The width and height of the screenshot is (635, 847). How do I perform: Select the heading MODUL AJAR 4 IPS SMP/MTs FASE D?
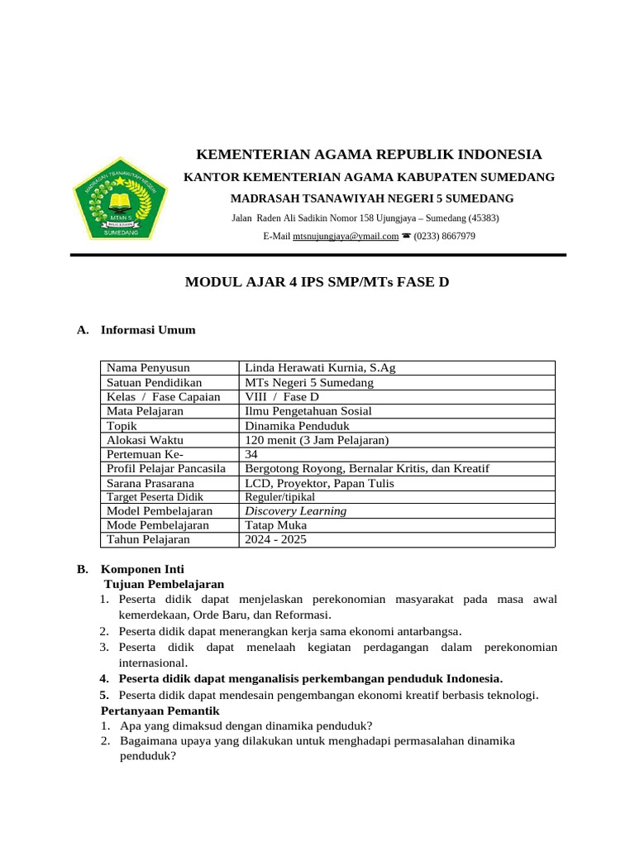pos(317,282)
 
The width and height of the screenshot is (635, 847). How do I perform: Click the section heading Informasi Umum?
pos(148,330)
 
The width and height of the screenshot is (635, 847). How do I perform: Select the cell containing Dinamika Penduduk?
pos(298,425)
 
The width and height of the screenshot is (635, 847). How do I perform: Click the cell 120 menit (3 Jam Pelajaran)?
pos(317,439)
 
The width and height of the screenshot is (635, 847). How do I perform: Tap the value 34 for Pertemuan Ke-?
pos(252,454)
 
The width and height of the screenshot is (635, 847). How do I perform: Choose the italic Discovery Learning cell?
pos(296,511)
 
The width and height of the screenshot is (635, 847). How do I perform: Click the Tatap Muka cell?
pos(276,525)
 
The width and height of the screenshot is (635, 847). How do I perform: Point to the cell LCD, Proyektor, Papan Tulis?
pos(319,482)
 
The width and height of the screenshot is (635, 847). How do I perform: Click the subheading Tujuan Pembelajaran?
pos(164,583)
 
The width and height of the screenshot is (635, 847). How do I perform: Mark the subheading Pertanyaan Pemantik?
pos(160,711)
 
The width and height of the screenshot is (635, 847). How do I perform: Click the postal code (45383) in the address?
pos(483,218)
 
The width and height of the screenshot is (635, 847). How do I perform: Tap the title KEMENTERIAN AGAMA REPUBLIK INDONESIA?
pos(368,155)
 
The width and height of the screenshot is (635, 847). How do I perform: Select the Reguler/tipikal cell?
pos(279,497)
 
